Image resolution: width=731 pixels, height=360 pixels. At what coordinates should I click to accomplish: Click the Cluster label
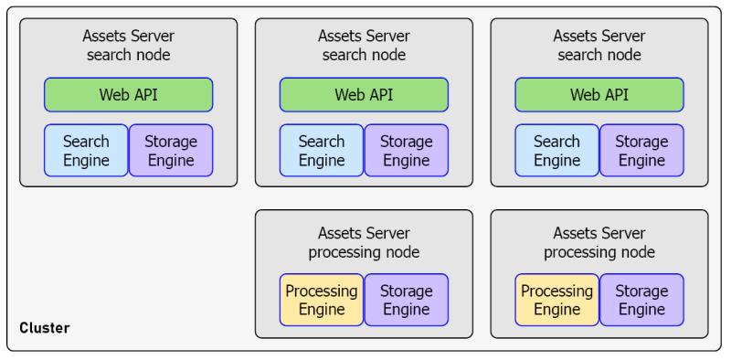click(45, 328)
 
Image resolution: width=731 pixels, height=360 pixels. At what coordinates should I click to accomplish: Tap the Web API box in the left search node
click(129, 94)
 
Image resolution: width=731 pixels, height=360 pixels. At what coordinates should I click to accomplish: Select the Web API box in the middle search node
click(364, 94)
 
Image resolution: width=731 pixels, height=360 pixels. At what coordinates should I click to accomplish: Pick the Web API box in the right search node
click(599, 94)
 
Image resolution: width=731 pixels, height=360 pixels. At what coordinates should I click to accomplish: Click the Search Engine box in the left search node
click(86, 151)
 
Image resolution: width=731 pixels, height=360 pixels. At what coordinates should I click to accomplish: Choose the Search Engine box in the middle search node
click(322, 151)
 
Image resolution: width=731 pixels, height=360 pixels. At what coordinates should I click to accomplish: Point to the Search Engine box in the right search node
click(557, 151)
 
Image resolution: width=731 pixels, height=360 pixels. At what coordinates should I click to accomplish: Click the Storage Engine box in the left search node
click(171, 151)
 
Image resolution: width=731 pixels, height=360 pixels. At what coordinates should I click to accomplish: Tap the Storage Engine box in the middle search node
click(407, 151)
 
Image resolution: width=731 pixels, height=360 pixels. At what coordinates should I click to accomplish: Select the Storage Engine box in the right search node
click(641, 151)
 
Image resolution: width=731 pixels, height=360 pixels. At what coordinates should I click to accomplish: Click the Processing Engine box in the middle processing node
click(322, 300)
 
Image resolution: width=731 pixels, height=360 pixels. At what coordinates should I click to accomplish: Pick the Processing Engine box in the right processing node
click(557, 300)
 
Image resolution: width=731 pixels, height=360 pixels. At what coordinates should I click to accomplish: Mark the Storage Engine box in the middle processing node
click(407, 300)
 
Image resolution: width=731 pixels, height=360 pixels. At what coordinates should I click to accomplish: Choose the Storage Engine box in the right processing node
click(641, 300)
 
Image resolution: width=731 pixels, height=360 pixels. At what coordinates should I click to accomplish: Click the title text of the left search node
click(129, 46)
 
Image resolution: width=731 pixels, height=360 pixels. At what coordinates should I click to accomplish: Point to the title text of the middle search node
click(364, 46)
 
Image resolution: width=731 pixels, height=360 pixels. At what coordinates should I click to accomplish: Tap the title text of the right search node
click(599, 46)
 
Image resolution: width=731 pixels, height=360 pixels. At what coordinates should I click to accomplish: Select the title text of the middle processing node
click(364, 242)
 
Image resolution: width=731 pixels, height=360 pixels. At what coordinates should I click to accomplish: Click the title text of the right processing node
click(599, 242)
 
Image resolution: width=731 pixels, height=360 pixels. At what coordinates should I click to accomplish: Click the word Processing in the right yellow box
click(557, 291)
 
